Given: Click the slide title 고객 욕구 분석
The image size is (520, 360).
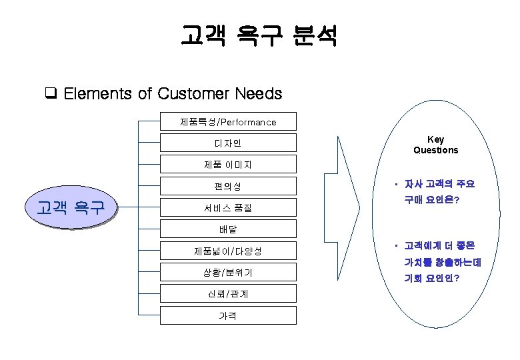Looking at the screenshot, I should tap(259, 35).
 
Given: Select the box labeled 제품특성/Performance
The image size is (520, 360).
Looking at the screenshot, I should tap(228, 122).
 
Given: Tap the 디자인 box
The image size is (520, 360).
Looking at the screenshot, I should tap(228, 143).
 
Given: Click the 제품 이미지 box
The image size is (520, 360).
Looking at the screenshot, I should tap(228, 165).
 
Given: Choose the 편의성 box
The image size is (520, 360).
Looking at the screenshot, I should tap(228, 187).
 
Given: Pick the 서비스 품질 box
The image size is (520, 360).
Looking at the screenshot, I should tap(228, 208).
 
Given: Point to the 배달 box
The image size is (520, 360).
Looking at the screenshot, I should tap(228, 229).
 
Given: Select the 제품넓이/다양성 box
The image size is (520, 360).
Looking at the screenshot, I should tap(228, 251).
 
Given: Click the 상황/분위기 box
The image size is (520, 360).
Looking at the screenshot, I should tap(228, 273).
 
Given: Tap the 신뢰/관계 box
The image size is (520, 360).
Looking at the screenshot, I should tap(228, 294).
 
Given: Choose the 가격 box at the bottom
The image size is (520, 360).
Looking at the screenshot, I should tap(228, 315).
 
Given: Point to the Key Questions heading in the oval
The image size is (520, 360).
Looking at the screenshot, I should tap(435, 145).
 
